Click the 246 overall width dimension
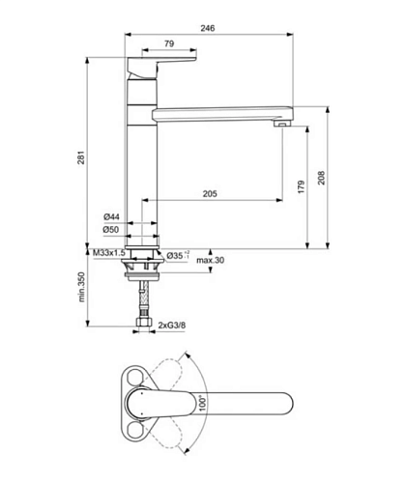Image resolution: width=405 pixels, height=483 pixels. [x=208, y=28]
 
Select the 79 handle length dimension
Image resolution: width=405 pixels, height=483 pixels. [x=169, y=43]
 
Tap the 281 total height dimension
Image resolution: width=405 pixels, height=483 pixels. [x=81, y=157]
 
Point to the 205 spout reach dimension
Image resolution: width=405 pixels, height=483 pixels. [x=210, y=194]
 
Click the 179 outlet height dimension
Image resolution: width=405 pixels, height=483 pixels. [x=301, y=186]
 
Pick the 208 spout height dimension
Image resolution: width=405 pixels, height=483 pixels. [x=322, y=178]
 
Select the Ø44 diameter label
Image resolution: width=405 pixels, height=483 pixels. [x=111, y=216]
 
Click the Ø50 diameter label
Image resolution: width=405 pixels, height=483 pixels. [x=111, y=230]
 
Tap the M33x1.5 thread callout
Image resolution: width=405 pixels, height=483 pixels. [x=109, y=253]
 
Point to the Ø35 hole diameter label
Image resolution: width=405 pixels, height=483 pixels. [x=178, y=255]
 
